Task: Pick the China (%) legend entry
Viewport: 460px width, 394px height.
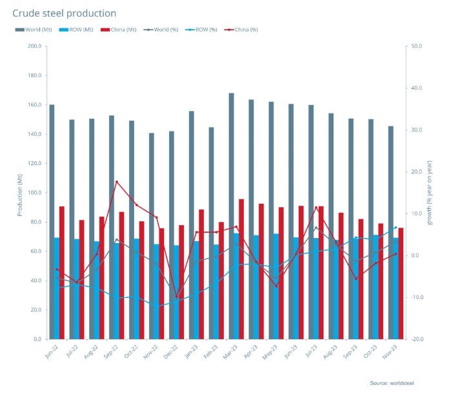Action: click(240, 29)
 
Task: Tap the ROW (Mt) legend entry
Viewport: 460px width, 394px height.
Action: click(77, 29)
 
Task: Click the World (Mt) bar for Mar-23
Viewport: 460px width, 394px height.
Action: click(231, 216)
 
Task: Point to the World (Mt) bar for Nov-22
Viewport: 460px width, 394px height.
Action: click(152, 236)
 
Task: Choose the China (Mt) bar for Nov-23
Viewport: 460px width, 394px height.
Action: click(401, 283)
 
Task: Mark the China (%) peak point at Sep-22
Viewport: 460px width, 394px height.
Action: click(117, 182)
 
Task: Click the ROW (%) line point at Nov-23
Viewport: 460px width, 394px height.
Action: click(395, 228)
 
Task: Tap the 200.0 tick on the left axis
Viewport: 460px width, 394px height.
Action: click(35, 46)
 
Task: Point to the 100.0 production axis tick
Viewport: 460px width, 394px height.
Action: click(35, 193)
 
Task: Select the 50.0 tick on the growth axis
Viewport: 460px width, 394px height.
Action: click(417, 46)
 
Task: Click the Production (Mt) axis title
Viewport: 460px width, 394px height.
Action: click(19, 193)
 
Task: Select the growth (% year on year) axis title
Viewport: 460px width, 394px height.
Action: click(430, 193)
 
